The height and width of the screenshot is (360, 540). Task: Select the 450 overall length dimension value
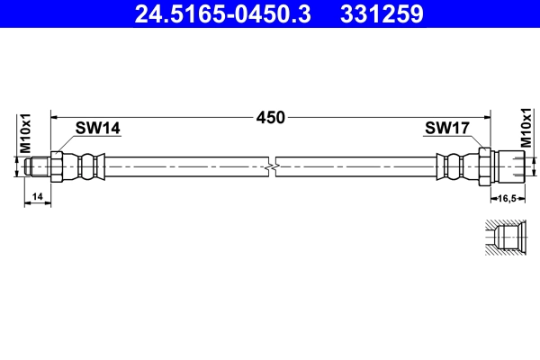click(x=270, y=117)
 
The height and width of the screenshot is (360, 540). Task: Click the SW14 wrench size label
click(x=98, y=129)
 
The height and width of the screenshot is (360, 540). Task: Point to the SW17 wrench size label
click(x=446, y=129)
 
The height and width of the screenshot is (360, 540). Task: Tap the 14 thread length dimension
click(x=37, y=196)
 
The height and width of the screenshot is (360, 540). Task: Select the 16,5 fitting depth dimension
click(x=506, y=196)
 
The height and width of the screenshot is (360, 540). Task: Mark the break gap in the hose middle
click(x=274, y=166)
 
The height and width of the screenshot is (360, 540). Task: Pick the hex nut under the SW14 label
click(x=58, y=166)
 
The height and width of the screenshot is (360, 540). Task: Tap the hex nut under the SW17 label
click(x=484, y=166)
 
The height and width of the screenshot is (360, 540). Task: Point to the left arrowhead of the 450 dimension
click(x=55, y=117)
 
